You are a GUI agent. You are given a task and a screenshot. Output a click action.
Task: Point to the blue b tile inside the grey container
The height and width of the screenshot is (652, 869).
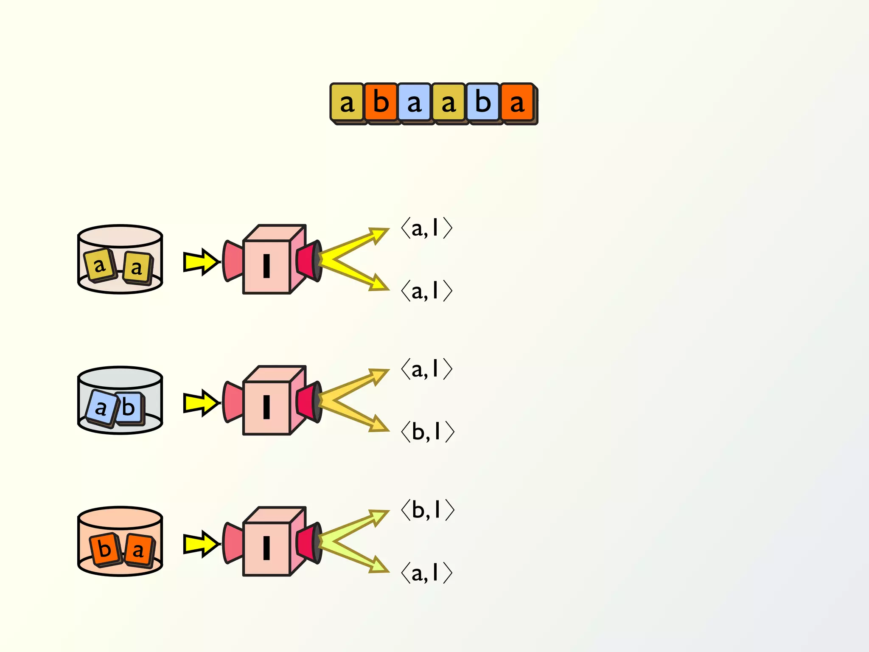[129, 408]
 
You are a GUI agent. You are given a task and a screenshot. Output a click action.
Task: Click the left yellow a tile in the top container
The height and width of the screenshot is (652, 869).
[100, 265]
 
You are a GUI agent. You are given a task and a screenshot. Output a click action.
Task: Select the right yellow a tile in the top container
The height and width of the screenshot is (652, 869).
[137, 267]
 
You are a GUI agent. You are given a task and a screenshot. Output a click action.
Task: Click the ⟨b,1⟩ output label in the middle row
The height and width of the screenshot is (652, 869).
[427, 432]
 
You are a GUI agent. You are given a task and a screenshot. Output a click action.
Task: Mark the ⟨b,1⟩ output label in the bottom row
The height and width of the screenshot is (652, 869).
[427, 509]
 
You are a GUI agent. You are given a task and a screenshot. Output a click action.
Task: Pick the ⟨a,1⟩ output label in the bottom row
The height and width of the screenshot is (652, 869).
[426, 573]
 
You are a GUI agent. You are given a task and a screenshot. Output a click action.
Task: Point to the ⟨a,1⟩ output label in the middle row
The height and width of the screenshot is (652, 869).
[426, 369]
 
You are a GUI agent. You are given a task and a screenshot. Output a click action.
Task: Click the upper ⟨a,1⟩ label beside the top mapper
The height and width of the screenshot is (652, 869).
[426, 228]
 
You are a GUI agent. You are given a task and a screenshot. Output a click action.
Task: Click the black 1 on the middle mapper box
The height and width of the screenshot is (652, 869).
[266, 407]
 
